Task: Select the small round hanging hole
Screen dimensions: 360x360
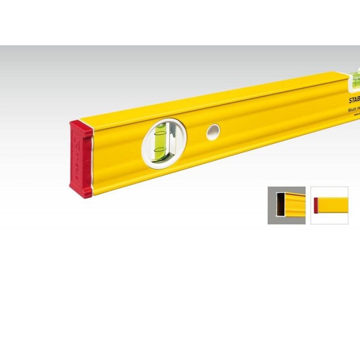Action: point(213,132)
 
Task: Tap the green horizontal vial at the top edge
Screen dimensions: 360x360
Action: point(354,78)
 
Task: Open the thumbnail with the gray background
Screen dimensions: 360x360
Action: point(286,205)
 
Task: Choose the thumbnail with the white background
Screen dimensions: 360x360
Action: point(329,205)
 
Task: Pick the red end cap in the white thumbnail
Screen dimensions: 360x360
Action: point(317,205)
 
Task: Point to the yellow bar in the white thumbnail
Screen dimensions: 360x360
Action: point(334,205)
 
